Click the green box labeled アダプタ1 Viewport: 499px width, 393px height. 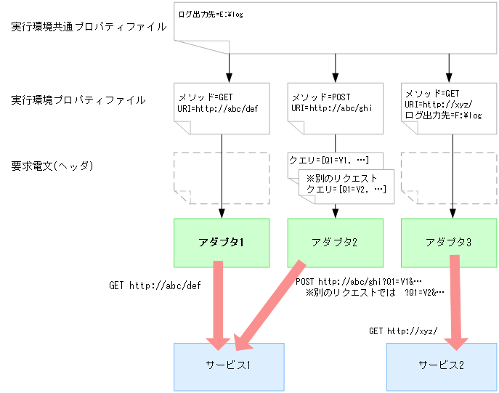pos(222,242)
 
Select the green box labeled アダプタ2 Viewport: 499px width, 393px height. pos(335,242)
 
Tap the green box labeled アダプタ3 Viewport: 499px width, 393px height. pos(448,242)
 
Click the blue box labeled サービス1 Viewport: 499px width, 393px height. pos(229,365)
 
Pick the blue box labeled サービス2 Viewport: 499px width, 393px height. pos(441,365)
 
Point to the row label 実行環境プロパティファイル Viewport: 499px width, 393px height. pos(78,100)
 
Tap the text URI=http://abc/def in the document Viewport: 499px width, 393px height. pos(217,108)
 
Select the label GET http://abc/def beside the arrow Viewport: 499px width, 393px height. pos(154,285)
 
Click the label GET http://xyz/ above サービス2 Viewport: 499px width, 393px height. pos(402,331)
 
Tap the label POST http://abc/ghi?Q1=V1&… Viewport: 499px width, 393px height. pos(358,281)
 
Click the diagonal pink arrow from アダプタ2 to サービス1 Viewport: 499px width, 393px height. pos(269,301)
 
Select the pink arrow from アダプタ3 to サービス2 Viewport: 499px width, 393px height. pos(456,301)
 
